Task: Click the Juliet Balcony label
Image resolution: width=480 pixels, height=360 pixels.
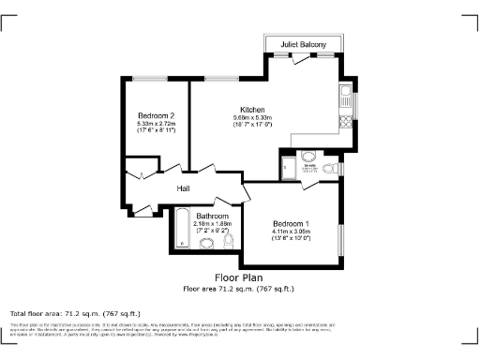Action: [304, 44]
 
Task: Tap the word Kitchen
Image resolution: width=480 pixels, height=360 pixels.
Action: [252, 109]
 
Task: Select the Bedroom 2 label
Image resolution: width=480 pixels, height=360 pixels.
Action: [157, 115]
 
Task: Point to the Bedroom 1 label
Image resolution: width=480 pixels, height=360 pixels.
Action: [291, 223]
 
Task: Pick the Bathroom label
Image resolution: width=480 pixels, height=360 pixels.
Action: [212, 216]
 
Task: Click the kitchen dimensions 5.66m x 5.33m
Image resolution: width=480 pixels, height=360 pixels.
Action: [251, 117]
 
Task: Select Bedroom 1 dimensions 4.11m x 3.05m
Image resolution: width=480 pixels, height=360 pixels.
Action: [291, 232]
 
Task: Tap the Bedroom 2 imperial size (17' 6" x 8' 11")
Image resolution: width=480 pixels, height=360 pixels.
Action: [157, 131]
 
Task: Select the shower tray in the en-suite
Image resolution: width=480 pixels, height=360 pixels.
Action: [289, 167]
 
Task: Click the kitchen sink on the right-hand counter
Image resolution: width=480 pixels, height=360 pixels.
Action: [345, 95]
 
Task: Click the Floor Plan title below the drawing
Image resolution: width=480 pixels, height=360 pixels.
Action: [238, 277]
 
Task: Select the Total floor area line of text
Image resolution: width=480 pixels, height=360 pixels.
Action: [75, 313]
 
